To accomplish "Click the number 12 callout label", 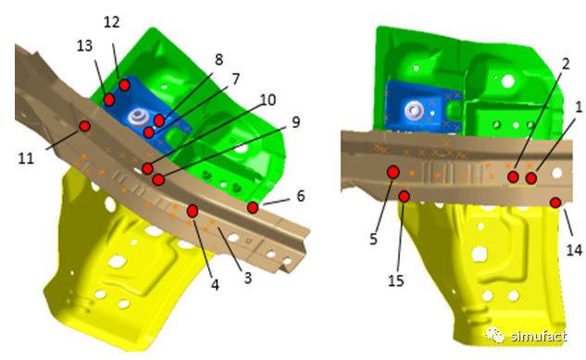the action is [x=111, y=22].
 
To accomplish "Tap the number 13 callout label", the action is [x=84, y=46].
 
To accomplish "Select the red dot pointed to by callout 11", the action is [x=85, y=126].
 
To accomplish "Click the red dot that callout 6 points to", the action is [x=253, y=207].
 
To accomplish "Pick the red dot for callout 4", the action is [x=193, y=211].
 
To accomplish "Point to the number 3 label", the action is [x=248, y=278].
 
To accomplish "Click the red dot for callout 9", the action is [x=158, y=180].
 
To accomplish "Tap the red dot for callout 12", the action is [x=124, y=85].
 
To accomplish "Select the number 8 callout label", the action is [x=219, y=59].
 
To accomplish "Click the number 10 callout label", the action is [x=268, y=100].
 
